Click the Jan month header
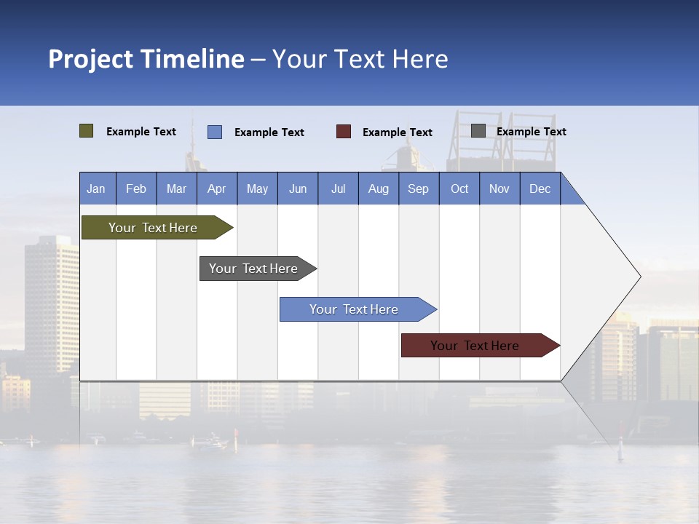[x=96, y=188]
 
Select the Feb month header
[x=136, y=188]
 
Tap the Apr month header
[x=216, y=188]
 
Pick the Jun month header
[x=298, y=188]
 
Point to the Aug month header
[x=378, y=188]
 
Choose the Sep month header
[x=418, y=188]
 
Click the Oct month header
[x=459, y=188]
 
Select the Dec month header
[x=540, y=188]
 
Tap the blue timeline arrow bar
[x=355, y=309]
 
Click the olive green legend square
[x=86, y=131]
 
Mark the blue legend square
[x=215, y=132]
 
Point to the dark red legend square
[x=344, y=132]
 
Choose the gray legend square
[x=478, y=131]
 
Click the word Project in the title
[x=91, y=59]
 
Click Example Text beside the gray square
[x=531, y=132]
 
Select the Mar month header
[x=176, y=188]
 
